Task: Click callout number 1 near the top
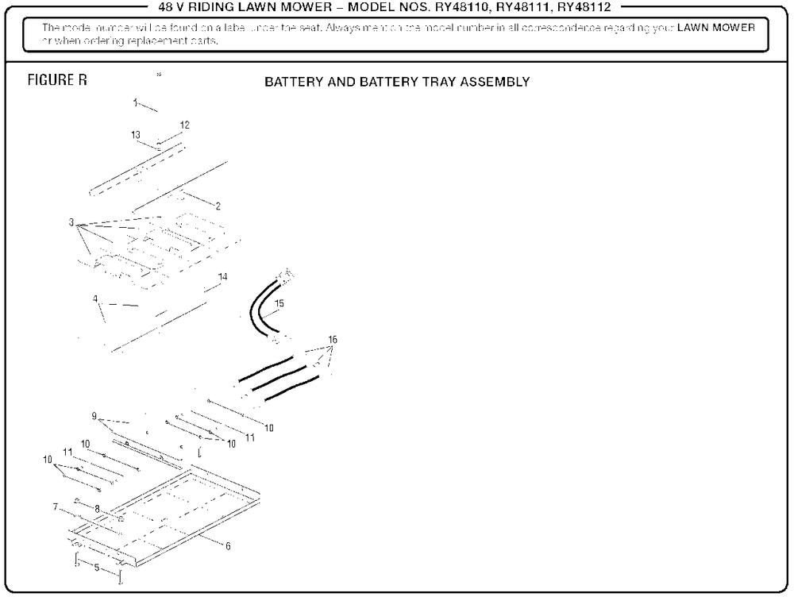click(136, 102)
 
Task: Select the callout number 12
click(185, 125)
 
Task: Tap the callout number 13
click(136, 135)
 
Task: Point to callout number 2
click(218, 206)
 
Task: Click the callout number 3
click(71, 222)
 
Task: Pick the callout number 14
click(223, 276)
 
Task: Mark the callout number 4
click(95, 299)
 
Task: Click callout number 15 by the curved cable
click(278, 303)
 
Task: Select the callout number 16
click(333, 340)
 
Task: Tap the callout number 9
click(94, 416)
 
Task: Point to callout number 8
click(97, 508)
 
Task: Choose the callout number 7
click(56, 506)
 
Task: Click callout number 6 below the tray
click(228, 546)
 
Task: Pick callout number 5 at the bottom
click(97, 568)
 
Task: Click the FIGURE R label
click(57, 81)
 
